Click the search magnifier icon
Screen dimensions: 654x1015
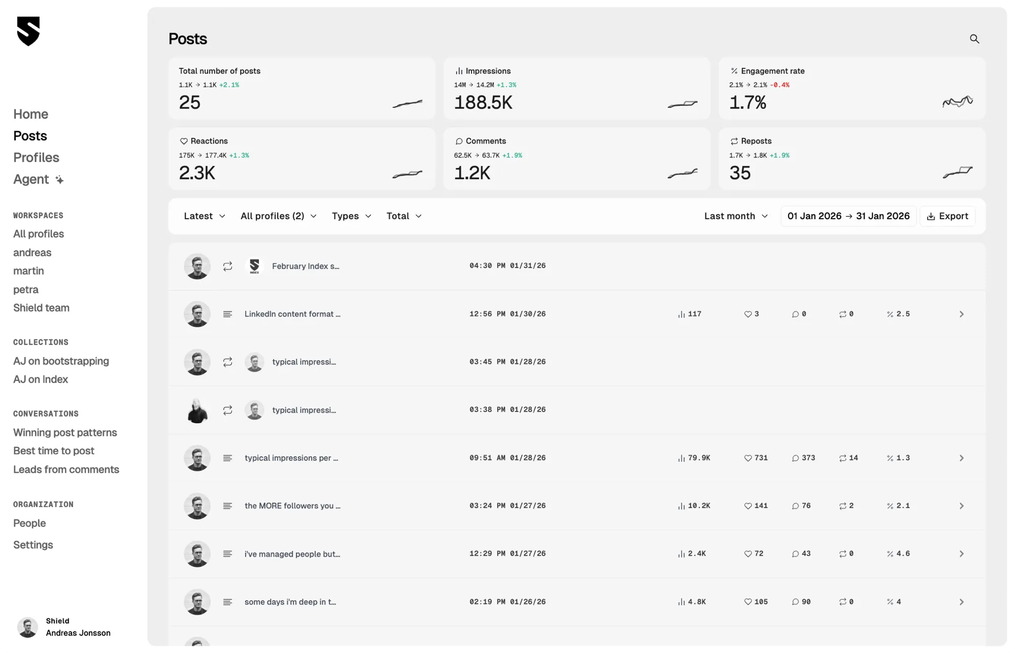tap(974, 39)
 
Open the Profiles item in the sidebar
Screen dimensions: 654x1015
tap(36, 158)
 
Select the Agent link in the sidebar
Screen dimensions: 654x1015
tap(31, 180)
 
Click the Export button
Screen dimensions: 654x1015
tap(948, 216)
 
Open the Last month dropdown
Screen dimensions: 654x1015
tap(735, 216)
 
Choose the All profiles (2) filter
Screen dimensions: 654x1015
tap(278, 216)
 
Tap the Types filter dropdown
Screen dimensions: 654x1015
tap(351, 216)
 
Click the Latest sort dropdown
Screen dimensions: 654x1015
tap(204, 216)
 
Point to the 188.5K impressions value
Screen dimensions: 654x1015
tap(483, 102)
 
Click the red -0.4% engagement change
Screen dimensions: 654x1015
tap(780, 85)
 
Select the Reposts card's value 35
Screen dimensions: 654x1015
tap(740, 173)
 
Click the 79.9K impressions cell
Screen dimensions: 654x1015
tap(694, 458)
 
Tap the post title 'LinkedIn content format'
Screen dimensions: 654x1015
tap(292, 314)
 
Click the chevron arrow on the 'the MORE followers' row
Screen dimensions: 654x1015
tap(961, 506)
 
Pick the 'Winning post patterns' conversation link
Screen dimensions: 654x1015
tap(65, 433)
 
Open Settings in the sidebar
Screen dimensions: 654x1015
tap(33, 545)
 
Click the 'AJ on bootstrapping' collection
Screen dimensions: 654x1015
tap(61, 361)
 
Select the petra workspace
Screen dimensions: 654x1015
tap(26, 290)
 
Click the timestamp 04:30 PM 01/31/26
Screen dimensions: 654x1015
tap(507, 266)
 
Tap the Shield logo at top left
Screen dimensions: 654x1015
tap(28, 31)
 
